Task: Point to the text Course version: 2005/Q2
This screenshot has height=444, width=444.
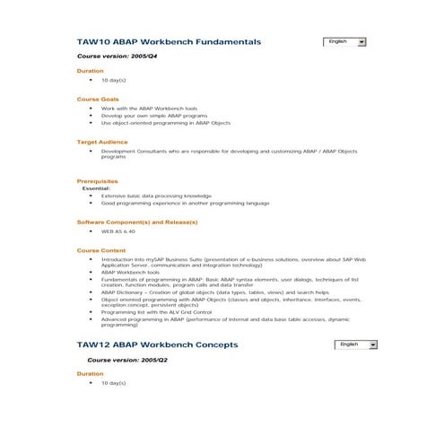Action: (x=127, y=359)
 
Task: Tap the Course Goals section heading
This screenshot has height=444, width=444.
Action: (x=98, y=99)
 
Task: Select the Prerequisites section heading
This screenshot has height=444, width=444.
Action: (x=98, y=182)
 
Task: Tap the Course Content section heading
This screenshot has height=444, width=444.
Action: (x=101, y=250)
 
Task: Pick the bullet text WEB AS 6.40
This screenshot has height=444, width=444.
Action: (x=119, y=231)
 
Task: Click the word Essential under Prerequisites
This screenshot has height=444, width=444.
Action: (x=97, y=188)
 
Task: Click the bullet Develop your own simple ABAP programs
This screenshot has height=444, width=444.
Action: (x=153, y=116)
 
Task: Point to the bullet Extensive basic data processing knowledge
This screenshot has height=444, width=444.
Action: (x=156, y=196)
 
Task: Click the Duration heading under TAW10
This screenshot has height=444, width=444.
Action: (x=90, y=70)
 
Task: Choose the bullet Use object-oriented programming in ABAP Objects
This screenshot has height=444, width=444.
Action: (x=166, y=123)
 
